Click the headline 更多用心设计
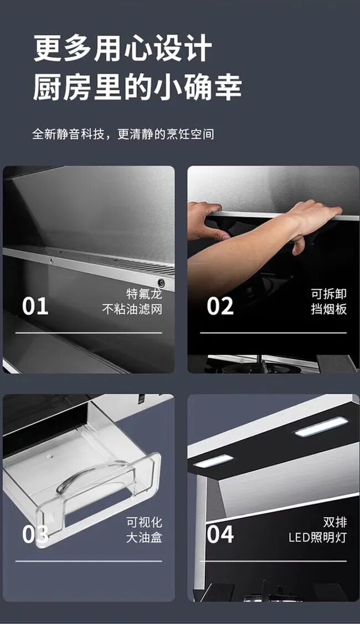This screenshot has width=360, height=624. coord(122,48)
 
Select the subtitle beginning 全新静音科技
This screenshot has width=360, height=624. coord(123,134)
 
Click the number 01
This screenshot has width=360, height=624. coord(35,306)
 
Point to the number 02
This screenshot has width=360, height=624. coord(220,306)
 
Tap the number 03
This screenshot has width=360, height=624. coord(35,534)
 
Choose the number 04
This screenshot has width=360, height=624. coord(220,534)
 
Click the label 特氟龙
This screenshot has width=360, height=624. coord(145,294)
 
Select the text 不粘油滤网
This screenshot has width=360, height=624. coord(132,309)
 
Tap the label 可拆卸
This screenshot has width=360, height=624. coord(329,294)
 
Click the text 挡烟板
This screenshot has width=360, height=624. coord(329,309)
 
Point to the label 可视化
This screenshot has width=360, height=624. coord(145,522)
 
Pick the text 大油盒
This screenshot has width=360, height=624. coord(145,537)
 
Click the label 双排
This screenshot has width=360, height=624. coord(335,522)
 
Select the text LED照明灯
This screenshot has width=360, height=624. coord(318,537)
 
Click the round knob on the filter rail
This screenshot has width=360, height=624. coord(161,283)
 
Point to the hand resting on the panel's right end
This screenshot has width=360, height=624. coord(314,223)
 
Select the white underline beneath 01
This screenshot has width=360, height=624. coord(89,333)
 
